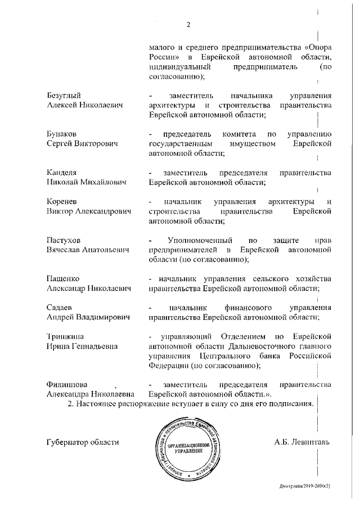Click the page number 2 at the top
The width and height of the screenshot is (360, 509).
[x=189, y=24]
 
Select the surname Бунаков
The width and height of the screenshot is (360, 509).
[x=61, y=134]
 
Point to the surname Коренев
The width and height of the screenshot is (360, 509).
[x=61, y=201]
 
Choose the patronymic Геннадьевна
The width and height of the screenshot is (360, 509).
[x=92, y=346]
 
